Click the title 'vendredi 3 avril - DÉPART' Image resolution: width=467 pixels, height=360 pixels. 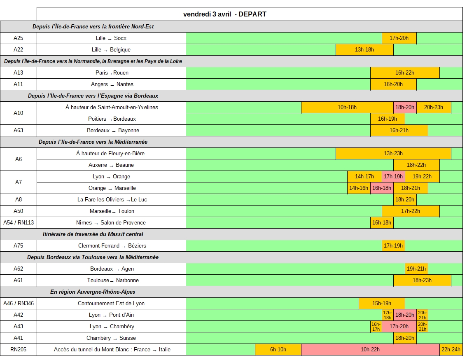[x=225, y=14]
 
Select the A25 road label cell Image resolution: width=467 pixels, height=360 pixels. [x=19, y=38]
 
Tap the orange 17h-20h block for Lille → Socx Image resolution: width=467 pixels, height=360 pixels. [x=399, y=38]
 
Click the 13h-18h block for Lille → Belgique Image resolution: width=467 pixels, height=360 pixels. [x=364, y=50]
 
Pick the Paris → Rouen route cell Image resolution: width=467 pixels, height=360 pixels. [x=112, y=73]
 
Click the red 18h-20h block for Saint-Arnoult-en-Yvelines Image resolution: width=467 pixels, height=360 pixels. [x=405, y=108]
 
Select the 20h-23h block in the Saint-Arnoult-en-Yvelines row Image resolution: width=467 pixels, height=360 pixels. [x=434, y=108]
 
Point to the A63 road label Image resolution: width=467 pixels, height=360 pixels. [x=19, y=131]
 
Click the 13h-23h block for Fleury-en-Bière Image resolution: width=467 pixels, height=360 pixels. [x=393, y=154]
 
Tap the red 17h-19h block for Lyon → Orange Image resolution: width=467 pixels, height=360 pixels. [x=393, y=177]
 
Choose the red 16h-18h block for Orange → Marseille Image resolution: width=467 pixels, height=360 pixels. [x=382, y=188]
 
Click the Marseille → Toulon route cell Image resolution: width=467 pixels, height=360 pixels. [x=112, y=211]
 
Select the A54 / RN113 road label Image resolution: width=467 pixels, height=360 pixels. [x=19, y=223]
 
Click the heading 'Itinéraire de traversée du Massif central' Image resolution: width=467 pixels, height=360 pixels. [x=93, y=234]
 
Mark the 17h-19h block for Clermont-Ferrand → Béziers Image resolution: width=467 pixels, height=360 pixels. [x=393, y=246]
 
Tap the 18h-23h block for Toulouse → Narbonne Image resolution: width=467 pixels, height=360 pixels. [x=422, y=281]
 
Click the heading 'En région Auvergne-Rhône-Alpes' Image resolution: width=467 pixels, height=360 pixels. [x=93, y=292]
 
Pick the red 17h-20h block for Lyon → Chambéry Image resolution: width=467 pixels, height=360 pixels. [x=399, y=327]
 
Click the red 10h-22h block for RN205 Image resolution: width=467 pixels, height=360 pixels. [x=370, y=350]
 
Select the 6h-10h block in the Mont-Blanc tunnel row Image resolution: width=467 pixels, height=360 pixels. [x=278, y=350]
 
